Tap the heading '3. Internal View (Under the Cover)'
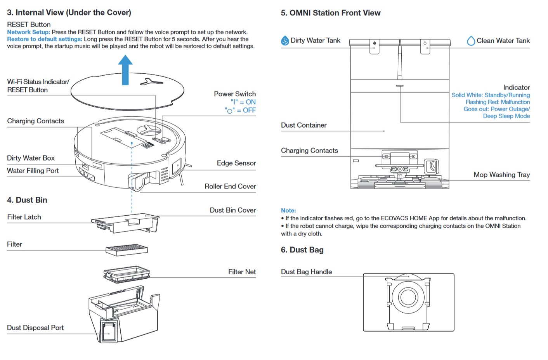click(69, 12)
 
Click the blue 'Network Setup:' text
click(28, 32)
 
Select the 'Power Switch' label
click(235, 94)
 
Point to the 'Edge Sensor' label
click(236, 163)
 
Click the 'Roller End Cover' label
click(230, 187)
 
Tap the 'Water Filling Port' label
click(33, 171)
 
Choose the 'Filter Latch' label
click(24, 217)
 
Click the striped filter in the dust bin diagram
click(127, 249)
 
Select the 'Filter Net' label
click(242, 272)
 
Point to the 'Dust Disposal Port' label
click(35, 328)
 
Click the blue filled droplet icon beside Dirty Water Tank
click(285, 41)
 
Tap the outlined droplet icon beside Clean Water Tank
click(471, 41)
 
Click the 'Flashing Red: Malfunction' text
click(498, 102)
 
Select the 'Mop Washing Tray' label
click(501, 175)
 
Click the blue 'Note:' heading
click(288, 210)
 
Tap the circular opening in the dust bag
click(408, 297)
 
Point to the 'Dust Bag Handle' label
click(306, 272)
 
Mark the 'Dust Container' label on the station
click(303, 125)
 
